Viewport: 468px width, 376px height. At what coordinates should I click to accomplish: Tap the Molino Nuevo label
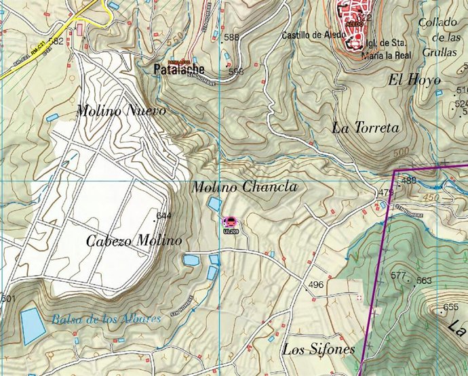pos(121,110)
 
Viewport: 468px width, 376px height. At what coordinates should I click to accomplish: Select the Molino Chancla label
pos(243,187)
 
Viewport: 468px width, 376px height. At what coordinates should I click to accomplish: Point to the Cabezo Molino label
pos(134,241)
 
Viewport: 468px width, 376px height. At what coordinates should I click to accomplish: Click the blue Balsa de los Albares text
pos(106,318)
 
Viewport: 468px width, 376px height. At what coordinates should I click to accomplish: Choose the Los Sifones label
pos(319,350)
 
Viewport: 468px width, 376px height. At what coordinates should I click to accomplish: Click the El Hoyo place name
pos(414,80)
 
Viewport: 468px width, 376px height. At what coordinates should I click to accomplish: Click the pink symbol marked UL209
pos(230,222)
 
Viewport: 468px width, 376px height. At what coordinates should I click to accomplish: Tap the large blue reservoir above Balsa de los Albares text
pos(32,326)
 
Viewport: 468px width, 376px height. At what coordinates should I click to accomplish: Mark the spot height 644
pos(163,216)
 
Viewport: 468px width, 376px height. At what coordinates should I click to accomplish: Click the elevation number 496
pos(315,285)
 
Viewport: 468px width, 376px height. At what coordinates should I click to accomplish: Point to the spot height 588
pos(231,37)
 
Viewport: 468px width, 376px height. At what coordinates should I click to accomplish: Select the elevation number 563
pos(424,280)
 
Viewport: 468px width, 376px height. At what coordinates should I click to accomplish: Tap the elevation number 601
pos(7,299)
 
